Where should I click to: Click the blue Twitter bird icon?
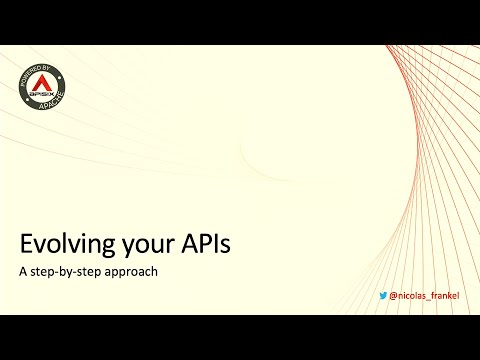click(x=383, y=296)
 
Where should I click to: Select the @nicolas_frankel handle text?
click(x=424, y=296)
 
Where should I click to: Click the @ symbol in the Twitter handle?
click(x=393, y=296)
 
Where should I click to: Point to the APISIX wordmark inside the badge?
click(x=41, y=94)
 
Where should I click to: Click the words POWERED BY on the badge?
click(x=34, y=72)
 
